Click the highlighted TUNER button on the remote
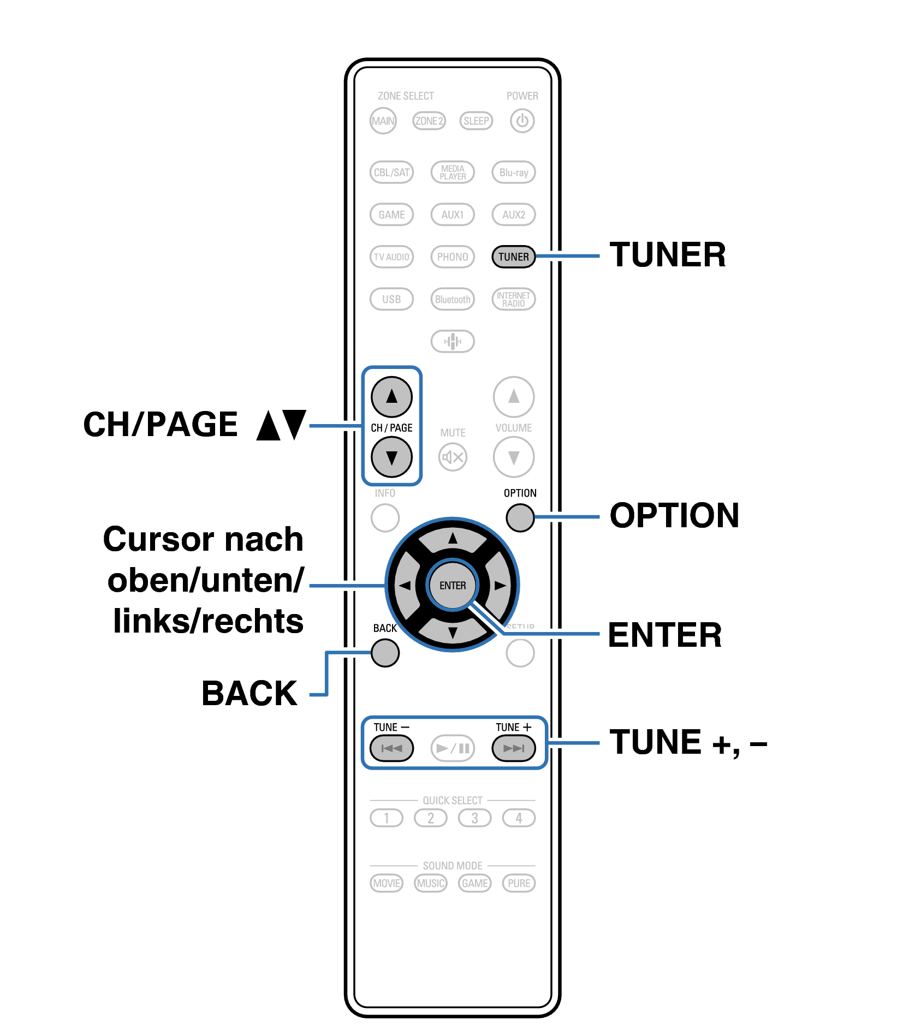[x=513, y=257]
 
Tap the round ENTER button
[x=453, y=585]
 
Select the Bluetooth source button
[x=453, y=299]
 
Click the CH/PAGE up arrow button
[x=391, y=396]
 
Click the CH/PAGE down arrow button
[x=391, y=457]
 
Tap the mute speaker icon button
[x=453, y=457]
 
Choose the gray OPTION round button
[x=520, y=517]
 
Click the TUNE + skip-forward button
[x=513, y=748]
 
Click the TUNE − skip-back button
[x=391, y=748]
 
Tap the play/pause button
[x=453, y=748]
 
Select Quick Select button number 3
[x=474, y=818]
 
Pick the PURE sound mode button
[x=519, y=883]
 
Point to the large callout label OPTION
[x=674, y=515]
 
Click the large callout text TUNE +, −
[x=688, y=742]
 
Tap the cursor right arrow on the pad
[x=500, y=585]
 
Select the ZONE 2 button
[x=429, y=121]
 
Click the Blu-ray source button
[x=513, y=172]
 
